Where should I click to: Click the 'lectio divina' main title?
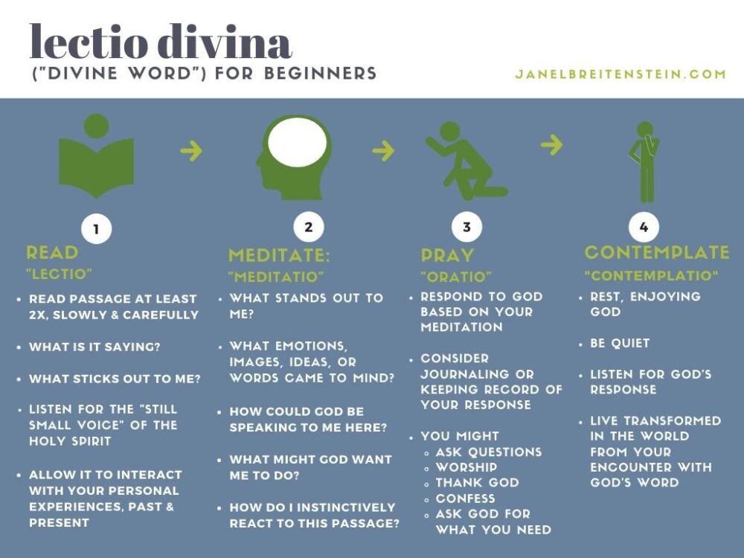[x=161, y=42]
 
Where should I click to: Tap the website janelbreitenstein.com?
[x=620, y=74]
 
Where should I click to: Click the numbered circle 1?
[x=96, y=228]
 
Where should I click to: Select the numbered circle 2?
[x=309, y=227]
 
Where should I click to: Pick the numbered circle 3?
[x=466, y=227]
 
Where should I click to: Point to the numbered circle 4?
[x=644, y=227]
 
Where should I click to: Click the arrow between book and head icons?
[x=192, y=150]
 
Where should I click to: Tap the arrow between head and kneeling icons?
[x=383, y=150]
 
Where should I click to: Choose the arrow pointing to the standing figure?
[x=552, y=144]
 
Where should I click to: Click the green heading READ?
[x=52, y=252]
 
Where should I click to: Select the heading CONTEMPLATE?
[x=657, y=252]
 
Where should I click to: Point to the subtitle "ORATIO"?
[x=456, y=276]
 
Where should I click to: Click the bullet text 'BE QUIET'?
[x=620, y=343]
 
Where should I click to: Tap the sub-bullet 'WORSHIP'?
[x=466, y=467]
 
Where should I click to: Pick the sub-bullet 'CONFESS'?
[x=466, y=498]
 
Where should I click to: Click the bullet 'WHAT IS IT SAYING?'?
[x=94, y=347]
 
